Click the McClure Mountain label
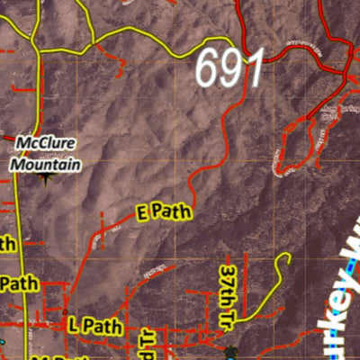pos(46,154)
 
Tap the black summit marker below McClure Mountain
pos(46,177)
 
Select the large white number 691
pos(230,68)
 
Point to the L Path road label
pos(94,326)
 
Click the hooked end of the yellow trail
pos(285,259)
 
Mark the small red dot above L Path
pos(65,312)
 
